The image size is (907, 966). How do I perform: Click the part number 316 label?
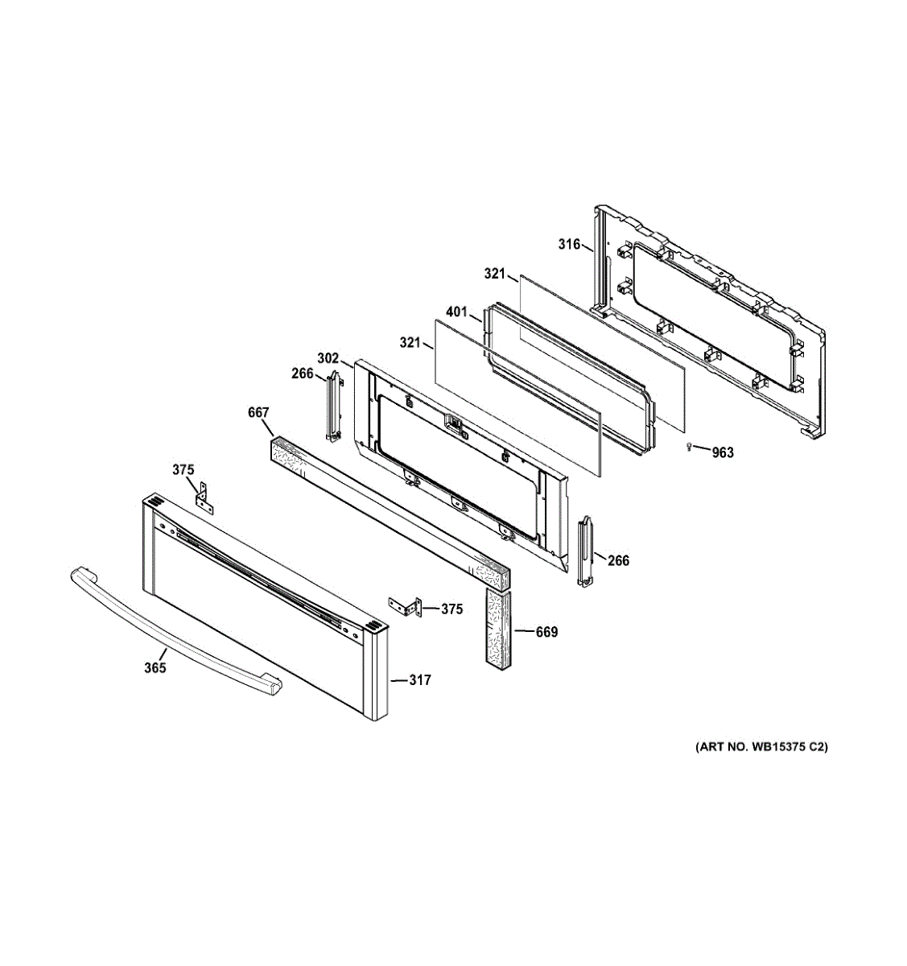point(569,244)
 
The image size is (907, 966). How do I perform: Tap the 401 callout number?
point(456,312)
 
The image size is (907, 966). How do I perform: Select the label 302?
point(328,358)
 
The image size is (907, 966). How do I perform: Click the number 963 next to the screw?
point(723,452)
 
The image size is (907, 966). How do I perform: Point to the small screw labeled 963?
point(689,446)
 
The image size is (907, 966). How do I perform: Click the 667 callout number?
point(258,413)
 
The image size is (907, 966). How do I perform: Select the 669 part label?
point(546,632)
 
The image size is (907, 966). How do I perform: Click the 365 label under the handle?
point(155,667)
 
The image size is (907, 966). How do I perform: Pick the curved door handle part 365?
point(169,628)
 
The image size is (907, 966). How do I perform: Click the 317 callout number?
point(419,680)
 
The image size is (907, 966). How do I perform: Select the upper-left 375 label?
point(183,469)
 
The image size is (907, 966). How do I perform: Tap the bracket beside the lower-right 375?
point(406,607)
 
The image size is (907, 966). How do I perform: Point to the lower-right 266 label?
point(618,560)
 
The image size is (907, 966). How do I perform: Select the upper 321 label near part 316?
point(495,274)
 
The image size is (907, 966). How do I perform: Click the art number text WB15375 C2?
point(761,747)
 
